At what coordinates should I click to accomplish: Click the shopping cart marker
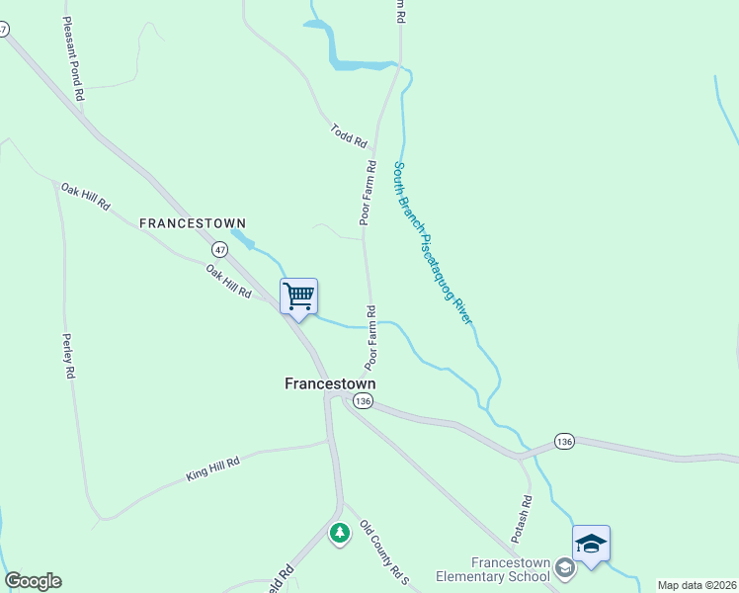pos(298,296)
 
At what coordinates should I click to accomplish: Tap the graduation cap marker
pos(591,544)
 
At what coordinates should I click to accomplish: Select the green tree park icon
pos(340,533)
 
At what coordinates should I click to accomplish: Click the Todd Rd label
pos(349,135)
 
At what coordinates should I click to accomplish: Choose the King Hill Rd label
pos(213,468)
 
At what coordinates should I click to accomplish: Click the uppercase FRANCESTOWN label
pos(192,223)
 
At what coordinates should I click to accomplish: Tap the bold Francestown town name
pos(330,383)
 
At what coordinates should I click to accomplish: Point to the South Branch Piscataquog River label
pos(433,243)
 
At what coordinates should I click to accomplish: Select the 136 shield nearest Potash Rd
pos(563,440)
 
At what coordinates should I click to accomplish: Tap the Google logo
pos(33,581)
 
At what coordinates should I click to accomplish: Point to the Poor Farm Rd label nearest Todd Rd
pos(367,194)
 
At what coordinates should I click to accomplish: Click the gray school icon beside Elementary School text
pos(563,567)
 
